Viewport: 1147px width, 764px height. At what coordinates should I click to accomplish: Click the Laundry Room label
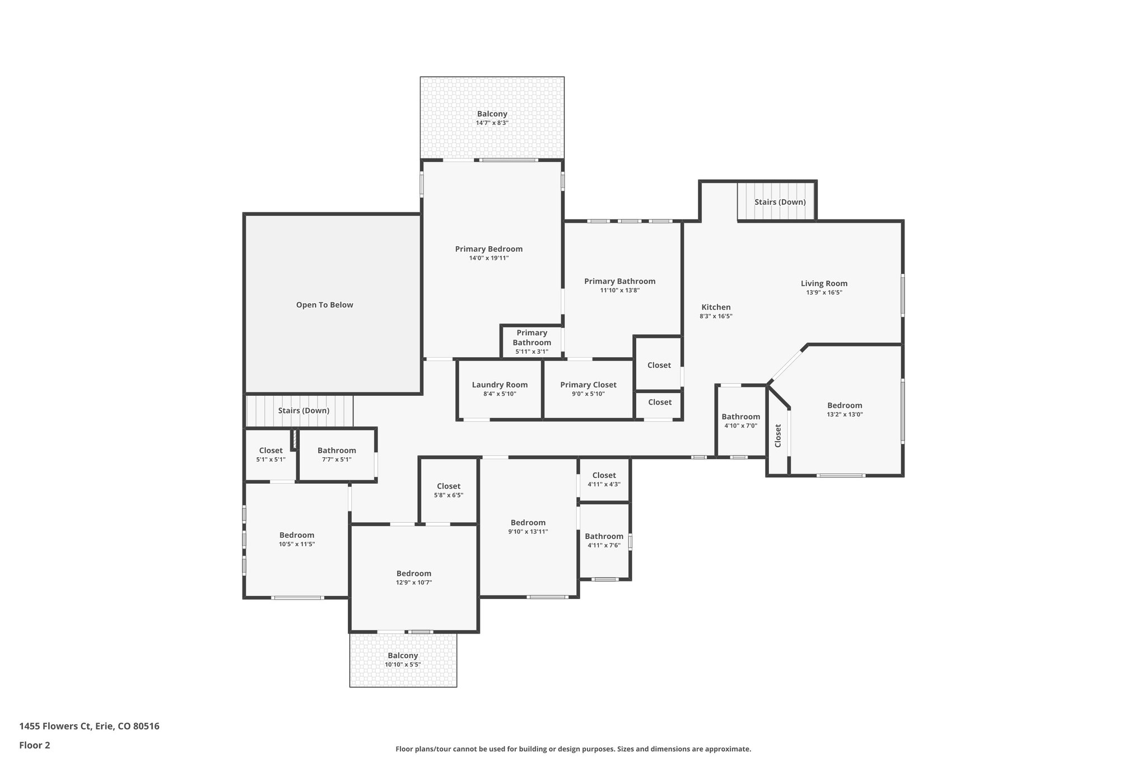(x=500, y=385)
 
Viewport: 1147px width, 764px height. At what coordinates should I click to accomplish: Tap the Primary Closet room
(x=588, y=389)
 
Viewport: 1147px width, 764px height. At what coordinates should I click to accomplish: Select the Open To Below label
(x=324, y=305)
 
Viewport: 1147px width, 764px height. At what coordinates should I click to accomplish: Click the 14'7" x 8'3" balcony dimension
(x=492, y=123)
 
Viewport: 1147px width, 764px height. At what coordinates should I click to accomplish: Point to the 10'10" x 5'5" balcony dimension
(x=402, y=665)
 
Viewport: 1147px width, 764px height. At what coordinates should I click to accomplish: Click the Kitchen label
(x=716, y=307)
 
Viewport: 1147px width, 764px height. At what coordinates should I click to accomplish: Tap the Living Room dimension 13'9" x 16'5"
(x=824, y=293)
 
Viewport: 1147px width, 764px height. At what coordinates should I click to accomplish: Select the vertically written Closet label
(x=778, y=435)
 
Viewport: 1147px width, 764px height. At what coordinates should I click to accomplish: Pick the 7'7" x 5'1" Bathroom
(x=337, y=454)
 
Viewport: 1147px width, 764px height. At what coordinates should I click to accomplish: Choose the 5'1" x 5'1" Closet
(x=271, y=454)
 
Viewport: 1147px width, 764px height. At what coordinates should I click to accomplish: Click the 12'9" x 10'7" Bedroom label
(x=414, y=574)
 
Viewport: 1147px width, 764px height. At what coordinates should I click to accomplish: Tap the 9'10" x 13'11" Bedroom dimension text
(x=528, y=532)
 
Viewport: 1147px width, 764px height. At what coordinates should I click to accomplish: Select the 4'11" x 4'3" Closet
(x=604, y=480)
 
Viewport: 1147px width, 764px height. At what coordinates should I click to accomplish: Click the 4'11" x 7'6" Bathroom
(x=604, y=541)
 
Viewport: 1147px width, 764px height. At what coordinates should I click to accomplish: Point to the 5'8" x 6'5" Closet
(x=448, y=490)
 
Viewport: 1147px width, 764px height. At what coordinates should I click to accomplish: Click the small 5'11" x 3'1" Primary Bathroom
(x=531, y=342)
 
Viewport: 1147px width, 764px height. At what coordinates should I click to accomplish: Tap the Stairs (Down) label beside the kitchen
(x=780, y=202)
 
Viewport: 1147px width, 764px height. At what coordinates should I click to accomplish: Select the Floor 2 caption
(x=35, y=745)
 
